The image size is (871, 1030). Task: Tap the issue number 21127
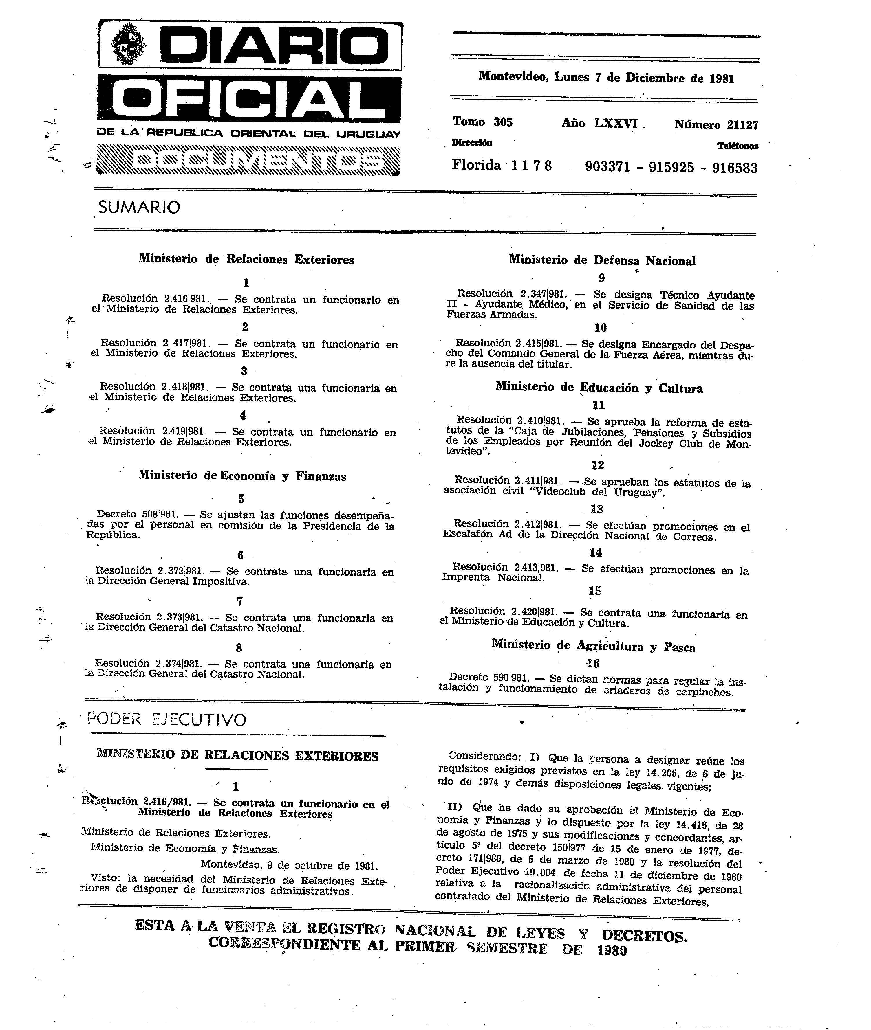pos(742,125)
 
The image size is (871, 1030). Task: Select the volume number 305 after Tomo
pos(503,122)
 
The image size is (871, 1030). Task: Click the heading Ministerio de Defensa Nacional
pos(602,260)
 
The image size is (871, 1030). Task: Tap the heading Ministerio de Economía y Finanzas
pos(242,476)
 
